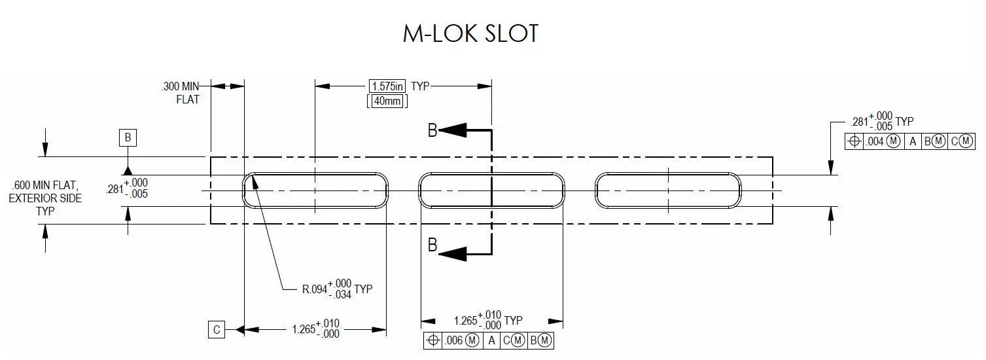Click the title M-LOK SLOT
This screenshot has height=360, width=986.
[x=470, y=33]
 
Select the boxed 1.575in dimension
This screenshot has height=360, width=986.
[x=387, y=86]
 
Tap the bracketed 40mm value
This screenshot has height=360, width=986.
[x=387, y=101]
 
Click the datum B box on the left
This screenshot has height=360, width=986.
[x=128, y=137]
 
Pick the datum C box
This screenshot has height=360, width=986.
[x=217, y=329]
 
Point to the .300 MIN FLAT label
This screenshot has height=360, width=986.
[x=181, y=93]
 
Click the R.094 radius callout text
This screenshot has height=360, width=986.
[x=327, y=289]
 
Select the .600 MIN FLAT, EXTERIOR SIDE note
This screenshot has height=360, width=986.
[x=45, y=198]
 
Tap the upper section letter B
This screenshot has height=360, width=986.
[x=432, y=130]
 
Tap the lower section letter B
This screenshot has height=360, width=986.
[x=432, y=245]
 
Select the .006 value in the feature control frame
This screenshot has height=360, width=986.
[x=453, y=340]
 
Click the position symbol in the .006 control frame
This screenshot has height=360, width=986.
[x=432, y=340]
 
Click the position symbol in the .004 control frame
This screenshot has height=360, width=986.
[x=854, y=141]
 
